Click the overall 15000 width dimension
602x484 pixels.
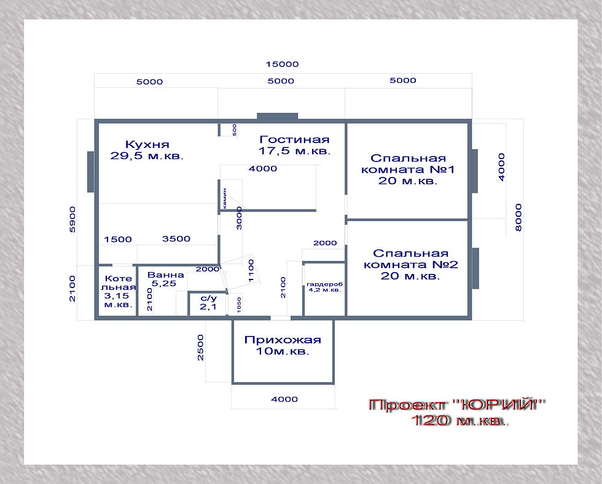click(282, 64)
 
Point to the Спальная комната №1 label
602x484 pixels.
click(408, 170)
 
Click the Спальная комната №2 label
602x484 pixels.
click(410, 265)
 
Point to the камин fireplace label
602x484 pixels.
click(225, 198)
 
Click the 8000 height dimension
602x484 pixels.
click(518, 217)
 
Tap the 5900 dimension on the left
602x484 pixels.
click(72, 219)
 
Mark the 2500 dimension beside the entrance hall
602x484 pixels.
click(200, 348)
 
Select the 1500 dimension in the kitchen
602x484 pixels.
click(118, 240)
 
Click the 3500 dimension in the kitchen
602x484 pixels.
click(176, 239)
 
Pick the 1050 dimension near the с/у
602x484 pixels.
click(239, 305)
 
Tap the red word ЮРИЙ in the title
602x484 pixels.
click(497, 405)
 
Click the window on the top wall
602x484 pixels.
click(277, 116)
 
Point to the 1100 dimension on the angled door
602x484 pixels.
click(251, 271)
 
